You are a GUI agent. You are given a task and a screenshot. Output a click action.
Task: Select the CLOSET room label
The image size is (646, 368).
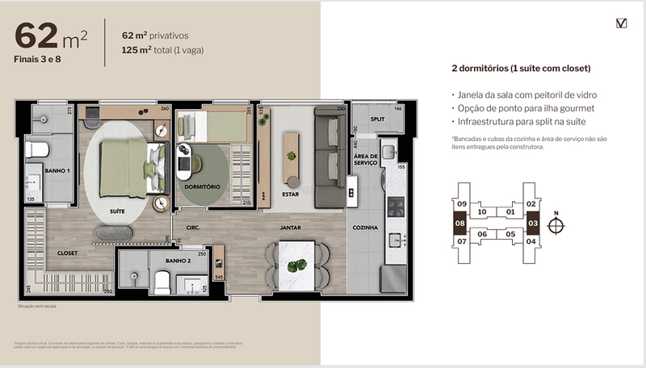coord(67,252)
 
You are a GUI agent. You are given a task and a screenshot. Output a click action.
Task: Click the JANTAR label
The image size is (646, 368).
coord(290,228)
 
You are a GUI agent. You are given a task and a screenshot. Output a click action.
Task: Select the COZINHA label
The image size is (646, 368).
coord(365,228)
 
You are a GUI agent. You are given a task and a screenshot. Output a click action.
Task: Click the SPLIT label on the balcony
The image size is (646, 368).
coord(376,119)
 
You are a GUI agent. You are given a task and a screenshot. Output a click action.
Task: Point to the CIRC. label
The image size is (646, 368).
coord(192,228)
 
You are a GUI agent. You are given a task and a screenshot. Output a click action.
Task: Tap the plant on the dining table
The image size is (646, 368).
coord(298,264)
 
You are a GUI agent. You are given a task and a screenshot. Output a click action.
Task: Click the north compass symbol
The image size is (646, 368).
coord(555,225)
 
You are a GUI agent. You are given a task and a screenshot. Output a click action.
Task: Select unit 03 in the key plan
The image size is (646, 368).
coord(532,222)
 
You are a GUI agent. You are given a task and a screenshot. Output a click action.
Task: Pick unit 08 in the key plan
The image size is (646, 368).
coord(462,224)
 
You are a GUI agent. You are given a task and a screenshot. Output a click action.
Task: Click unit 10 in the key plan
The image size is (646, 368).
coord(482,212)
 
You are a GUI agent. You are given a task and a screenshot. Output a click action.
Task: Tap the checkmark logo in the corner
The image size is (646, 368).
coord(621,23)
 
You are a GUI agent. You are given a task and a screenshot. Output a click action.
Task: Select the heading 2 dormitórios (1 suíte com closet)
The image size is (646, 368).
coord(521,68)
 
